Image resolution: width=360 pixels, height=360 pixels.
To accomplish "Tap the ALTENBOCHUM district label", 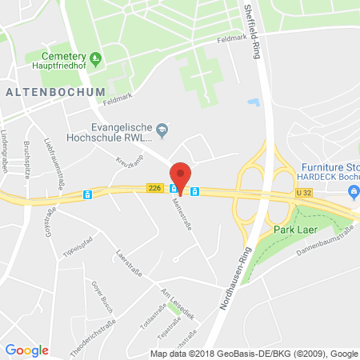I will (x=55, y=92).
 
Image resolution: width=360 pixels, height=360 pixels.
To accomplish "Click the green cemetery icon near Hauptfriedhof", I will (x=95, y=57).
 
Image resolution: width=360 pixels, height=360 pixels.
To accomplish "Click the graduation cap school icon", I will (x=162, y=128).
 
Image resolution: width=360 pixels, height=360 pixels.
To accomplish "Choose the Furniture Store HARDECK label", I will (x=329, y=170).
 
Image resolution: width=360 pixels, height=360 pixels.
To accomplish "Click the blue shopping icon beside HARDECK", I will (x=353, y=190).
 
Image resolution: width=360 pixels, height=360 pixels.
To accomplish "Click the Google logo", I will (x=26, y=350).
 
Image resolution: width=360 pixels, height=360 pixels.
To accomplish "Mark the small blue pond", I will (x=254, y=102).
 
